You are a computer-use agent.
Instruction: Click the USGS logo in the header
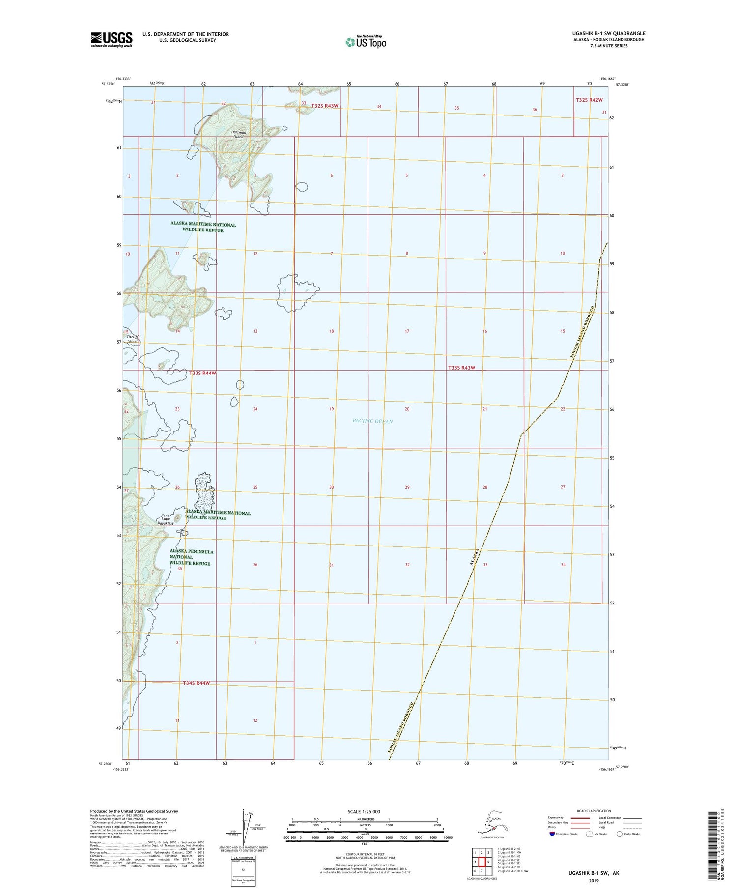tap(112, 39)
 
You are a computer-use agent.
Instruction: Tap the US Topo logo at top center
tap(366, 42)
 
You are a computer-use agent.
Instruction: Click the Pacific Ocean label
tap(372, 421)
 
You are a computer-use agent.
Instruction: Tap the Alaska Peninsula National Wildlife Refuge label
tap(191, 557)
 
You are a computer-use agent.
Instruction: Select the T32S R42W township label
tap(589, 100)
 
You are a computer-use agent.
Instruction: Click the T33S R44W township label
tap(202, 373)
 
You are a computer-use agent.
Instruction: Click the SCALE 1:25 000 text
tap(364, 811)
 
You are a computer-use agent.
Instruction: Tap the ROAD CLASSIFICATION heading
tap(594, 811)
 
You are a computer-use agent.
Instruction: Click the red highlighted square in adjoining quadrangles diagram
tap(482, 862)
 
